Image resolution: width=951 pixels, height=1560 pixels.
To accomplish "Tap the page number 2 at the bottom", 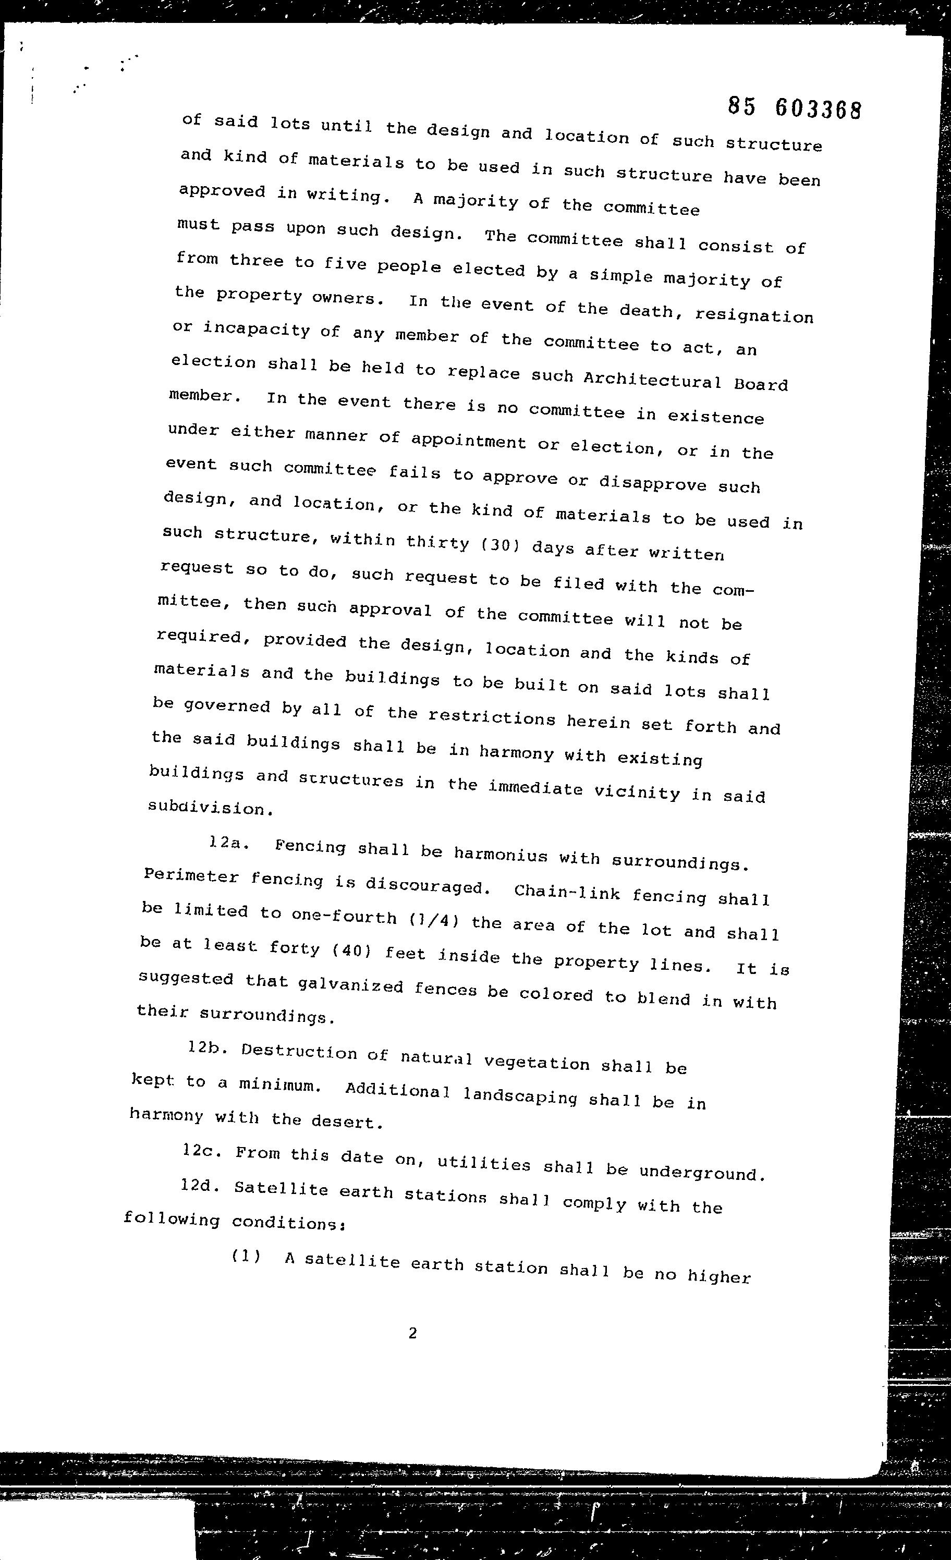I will click(413, 1333).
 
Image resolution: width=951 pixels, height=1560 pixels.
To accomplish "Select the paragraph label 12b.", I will click(207, 1049).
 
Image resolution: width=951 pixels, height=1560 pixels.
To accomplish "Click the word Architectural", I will click(652, 380).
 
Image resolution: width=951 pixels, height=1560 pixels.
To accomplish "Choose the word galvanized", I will click(350, 985).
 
